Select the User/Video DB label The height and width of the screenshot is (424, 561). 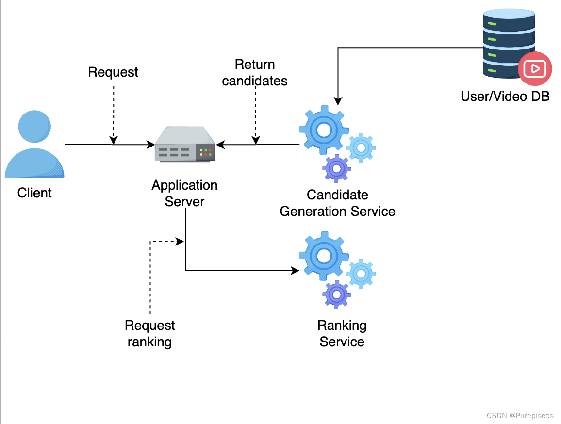point(505,96)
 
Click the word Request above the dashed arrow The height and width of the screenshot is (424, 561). point(113,72)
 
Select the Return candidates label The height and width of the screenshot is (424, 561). point(255,73)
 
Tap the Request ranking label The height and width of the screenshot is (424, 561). point(149,334)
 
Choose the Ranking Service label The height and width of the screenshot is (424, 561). point(342,334)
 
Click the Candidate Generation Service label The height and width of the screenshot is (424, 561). point(338,203)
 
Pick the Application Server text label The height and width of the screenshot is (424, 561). point(184,193)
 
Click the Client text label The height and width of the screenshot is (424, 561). point(34,193)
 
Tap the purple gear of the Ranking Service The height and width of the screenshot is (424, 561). point(336,294)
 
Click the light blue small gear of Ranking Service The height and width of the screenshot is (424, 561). point(361,274)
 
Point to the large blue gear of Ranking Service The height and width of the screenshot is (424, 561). point(323,255)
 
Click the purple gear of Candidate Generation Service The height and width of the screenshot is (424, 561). point(336,169)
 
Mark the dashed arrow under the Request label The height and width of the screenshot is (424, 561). point(113,114)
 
